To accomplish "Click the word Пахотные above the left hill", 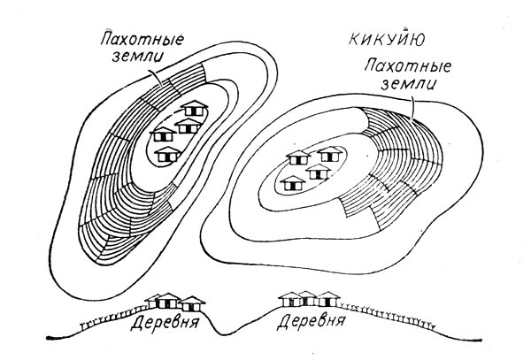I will tap(133, 40).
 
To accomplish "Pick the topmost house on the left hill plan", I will tap(194, 111).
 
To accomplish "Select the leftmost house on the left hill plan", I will tap(162, 134).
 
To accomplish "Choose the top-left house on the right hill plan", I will tap(296, 159).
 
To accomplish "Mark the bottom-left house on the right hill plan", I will tap(292, 182).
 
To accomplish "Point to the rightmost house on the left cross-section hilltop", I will tap(190, 303).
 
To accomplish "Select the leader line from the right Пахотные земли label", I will tap(413, 106).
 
